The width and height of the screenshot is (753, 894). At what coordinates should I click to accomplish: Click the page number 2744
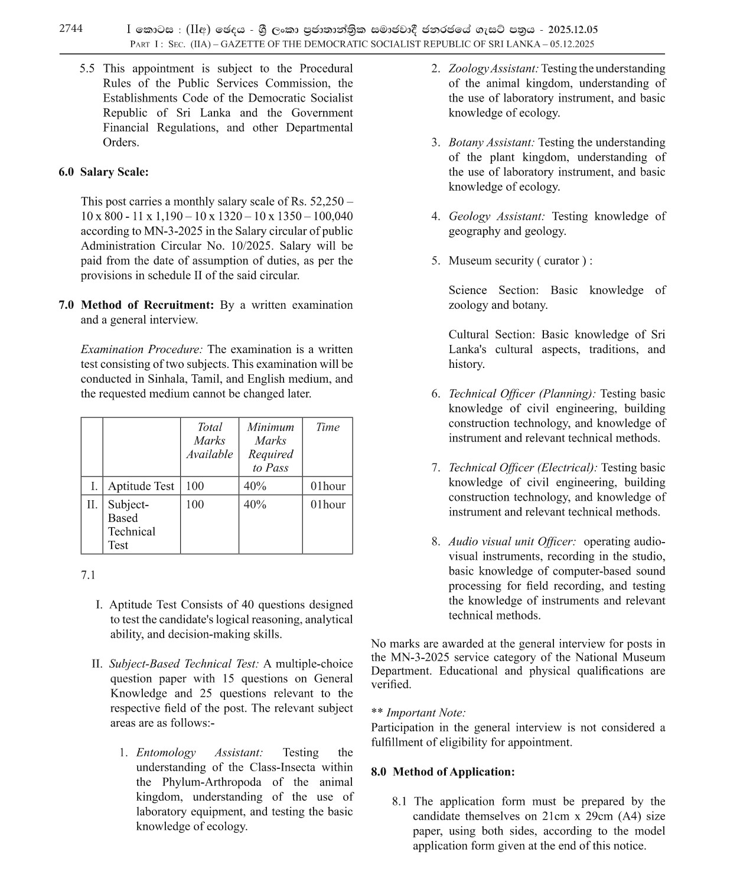71,28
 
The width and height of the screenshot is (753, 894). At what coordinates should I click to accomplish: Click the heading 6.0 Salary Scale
103,172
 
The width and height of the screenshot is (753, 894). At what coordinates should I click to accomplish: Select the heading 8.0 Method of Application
443,772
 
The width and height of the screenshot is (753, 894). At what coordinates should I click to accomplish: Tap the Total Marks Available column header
209,441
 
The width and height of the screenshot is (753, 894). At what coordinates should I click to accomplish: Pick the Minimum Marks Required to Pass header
270,447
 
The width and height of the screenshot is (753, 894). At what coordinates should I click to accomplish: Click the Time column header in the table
327,427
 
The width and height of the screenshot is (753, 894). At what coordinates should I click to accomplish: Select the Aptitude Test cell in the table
141,486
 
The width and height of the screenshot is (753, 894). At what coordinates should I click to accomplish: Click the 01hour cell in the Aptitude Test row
327,486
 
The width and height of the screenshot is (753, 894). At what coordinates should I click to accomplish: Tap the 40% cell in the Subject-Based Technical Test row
255,504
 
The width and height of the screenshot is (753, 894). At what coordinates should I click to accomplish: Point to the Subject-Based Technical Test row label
131,524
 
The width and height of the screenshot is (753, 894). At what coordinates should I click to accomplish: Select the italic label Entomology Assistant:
200,752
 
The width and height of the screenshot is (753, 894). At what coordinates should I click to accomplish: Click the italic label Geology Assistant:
496,216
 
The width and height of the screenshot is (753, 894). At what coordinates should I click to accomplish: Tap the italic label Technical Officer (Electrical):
522,468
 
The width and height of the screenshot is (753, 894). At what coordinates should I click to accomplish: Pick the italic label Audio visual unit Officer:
511,541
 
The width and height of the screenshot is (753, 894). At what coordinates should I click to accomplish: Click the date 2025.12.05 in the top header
572,30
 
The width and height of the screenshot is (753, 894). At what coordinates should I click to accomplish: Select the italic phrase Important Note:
426,713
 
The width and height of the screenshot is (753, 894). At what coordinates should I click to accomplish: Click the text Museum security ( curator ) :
520,260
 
